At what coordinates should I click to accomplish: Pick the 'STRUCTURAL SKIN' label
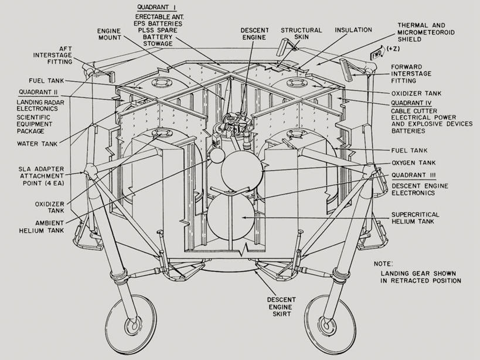click(x=301, y=34)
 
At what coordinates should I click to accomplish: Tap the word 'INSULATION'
click(x=353, y=30)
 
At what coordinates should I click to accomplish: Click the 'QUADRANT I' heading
click(x=156, y=7)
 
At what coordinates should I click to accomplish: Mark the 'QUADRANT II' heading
click(x=38, y=92)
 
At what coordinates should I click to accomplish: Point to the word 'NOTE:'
click(x=383, y=264)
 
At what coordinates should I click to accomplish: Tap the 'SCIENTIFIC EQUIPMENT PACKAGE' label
click(x=38, y=124)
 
